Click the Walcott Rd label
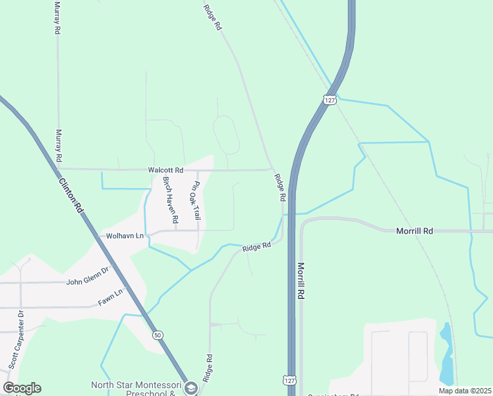[165, 170]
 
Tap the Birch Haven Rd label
[171, 199]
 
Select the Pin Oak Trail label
[196, 201]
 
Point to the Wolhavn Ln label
[121, 236]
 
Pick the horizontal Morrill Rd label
[414, 231]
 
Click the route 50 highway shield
[157, 335]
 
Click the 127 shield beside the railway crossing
[330, 100]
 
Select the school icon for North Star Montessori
[192, 387]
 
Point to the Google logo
[22, 388]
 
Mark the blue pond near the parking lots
[447, 356]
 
